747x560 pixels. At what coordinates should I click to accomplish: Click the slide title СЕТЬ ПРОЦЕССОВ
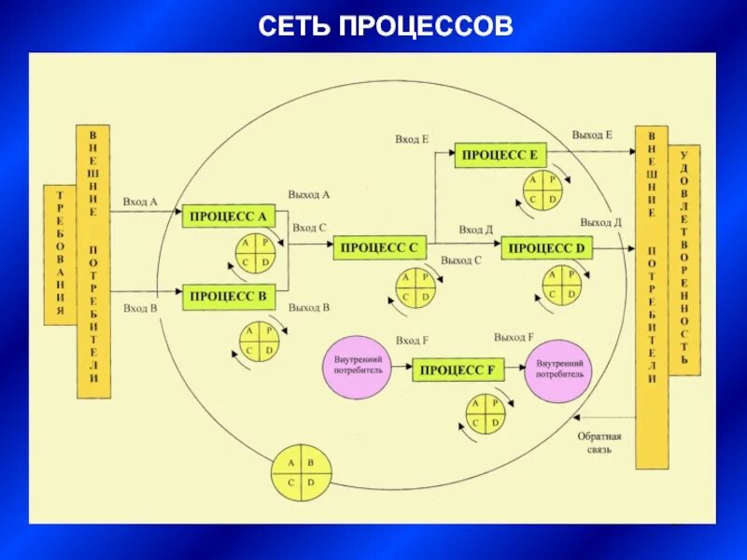(385, 26)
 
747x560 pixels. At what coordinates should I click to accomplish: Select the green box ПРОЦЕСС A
(228, 217)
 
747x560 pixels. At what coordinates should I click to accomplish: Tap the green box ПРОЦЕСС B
(228, 298)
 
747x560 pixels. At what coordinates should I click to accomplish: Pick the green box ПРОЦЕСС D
(547, 247)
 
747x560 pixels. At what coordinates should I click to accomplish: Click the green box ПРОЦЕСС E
(500, 156)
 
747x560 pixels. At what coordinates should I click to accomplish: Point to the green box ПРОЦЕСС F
(458, 370)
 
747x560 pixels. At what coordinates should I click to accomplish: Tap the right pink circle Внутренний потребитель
(559, 367)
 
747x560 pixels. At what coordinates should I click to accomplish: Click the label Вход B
(140, 308)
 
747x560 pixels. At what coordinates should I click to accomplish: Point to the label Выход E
(592, 135)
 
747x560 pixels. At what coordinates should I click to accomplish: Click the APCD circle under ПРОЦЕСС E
(541, 189)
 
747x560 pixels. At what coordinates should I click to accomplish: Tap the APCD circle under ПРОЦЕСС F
(486, 413)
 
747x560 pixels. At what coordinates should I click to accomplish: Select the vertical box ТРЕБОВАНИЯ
(60, 254)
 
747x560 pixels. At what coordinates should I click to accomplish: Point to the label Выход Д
(600, 223)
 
